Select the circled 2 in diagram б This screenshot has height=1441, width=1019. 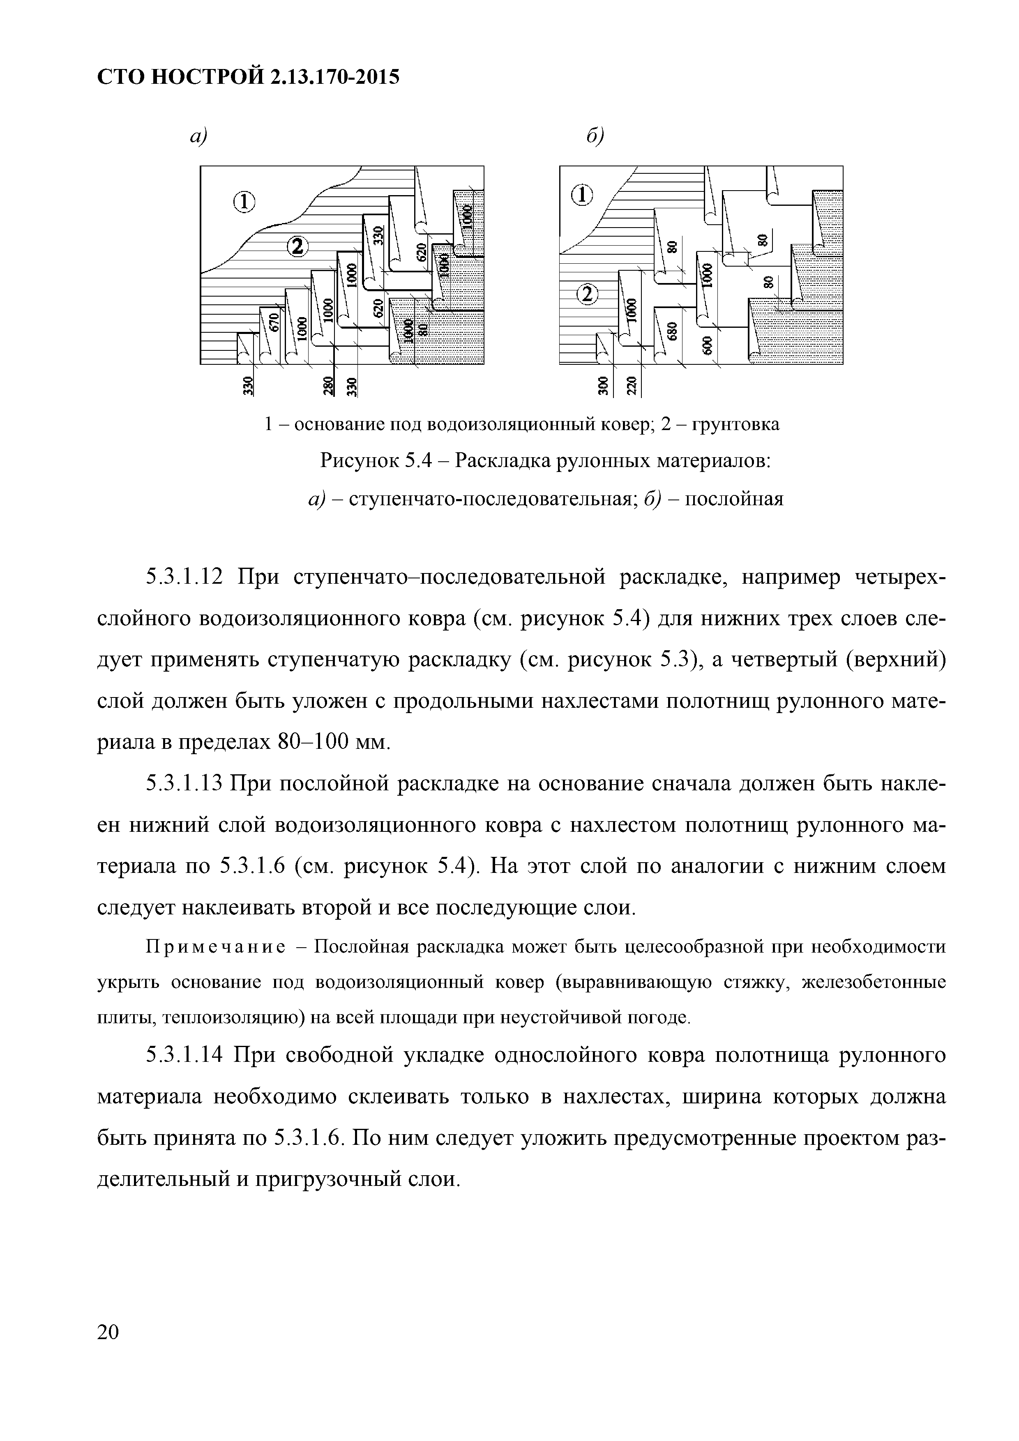point(588,295)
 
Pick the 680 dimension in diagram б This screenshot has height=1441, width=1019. point(673,331)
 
